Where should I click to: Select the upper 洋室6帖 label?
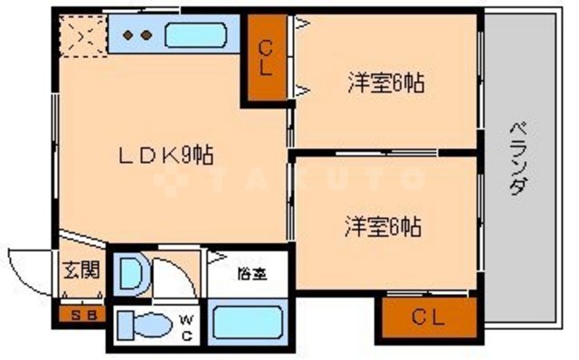pyautogui.click(x=386, y=83)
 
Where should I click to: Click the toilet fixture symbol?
pyautogui.click(x=144, y=323)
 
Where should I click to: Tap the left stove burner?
pyautogui.click(x=128, y=35)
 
